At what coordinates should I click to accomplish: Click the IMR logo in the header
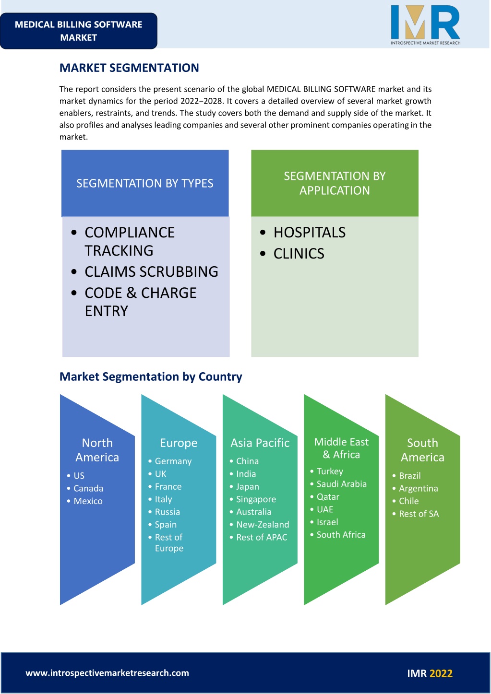(x=425, y=25)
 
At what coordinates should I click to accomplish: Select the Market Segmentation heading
(x=129, y=68)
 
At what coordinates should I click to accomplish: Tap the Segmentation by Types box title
(x=145, y=183)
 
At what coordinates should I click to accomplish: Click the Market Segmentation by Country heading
(x=151, y=377)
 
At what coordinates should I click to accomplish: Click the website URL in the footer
(x=107, y=673)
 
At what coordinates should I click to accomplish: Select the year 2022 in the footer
(x=441, y=673)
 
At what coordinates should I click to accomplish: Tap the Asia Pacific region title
(x=260, y=443)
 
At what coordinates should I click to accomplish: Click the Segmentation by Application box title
(x=335, y=183)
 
